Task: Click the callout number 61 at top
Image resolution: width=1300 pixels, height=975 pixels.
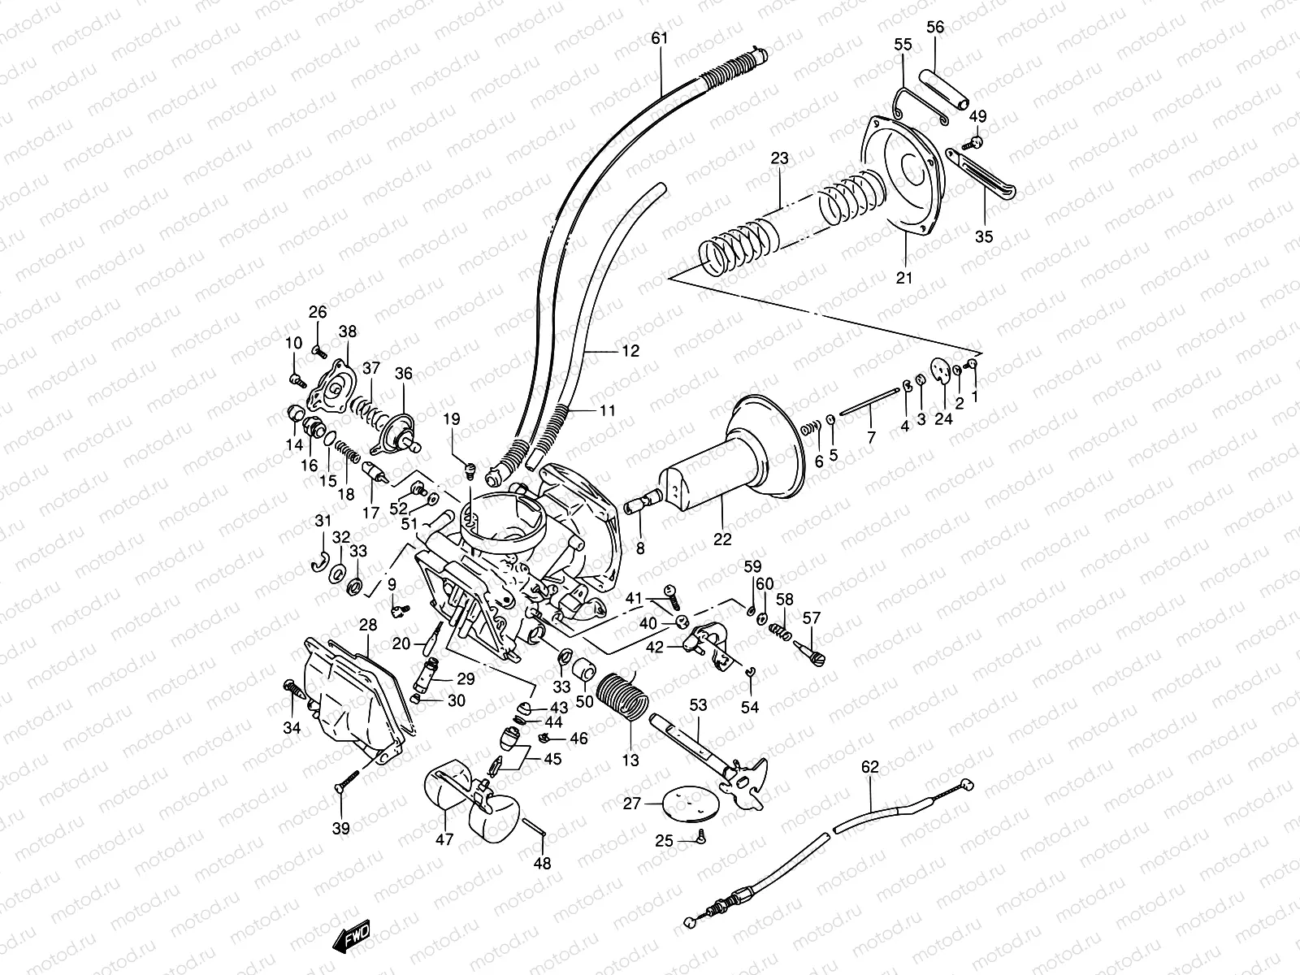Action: pos(659,37)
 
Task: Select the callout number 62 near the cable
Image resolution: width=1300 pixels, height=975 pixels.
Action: pos(869,765)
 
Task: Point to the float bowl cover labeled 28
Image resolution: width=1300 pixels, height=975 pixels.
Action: pos(349,699)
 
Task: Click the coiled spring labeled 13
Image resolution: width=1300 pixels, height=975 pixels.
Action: pos(622,700)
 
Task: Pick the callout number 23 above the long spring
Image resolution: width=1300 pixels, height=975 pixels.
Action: pos(779,159)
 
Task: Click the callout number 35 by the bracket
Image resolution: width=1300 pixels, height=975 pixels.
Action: pos(984,237)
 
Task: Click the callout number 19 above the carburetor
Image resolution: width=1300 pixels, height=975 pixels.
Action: pos(452,419)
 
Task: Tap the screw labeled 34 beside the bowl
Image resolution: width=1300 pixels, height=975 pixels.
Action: pos(293,691)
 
